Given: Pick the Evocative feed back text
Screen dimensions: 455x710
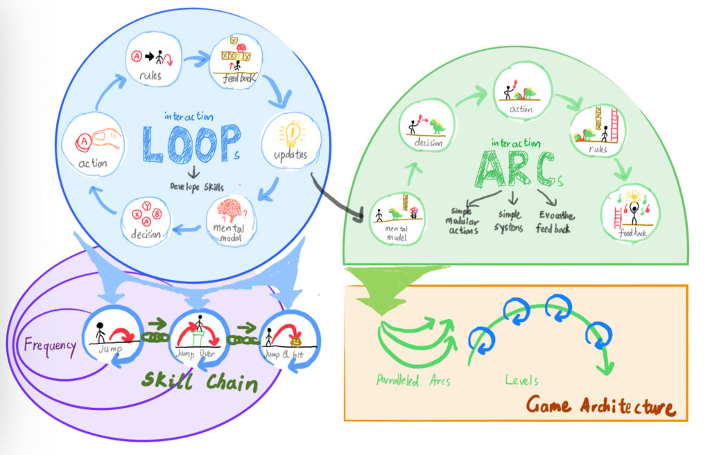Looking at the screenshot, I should [553, 221].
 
